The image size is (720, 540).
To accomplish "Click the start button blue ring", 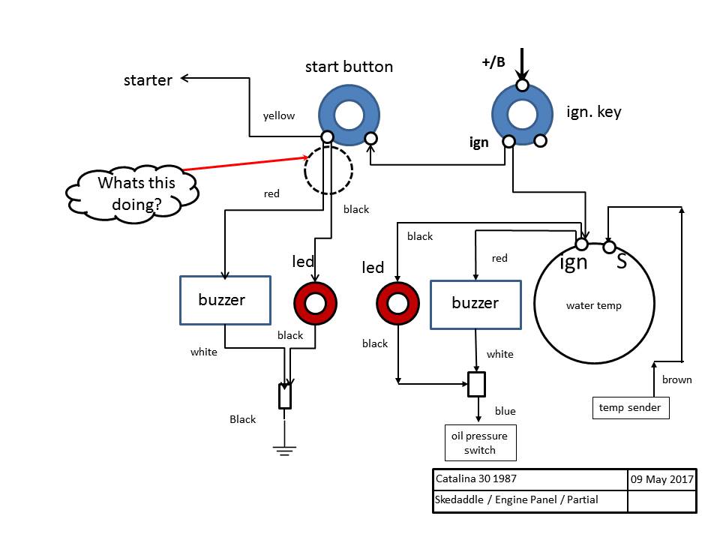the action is [x=328, y=115].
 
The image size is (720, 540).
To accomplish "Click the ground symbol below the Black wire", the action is [x=285, y=451].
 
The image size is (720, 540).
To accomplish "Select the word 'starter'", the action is [x=148, y=80].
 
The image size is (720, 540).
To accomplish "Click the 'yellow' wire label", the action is [x=279, y=115].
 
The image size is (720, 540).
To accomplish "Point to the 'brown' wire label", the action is [x=676, y=379].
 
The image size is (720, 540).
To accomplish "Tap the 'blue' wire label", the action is [x=505, y=411].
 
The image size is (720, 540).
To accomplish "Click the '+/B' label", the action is [x=493, y=62].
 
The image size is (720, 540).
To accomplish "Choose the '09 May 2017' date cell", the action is [x=661, y=479].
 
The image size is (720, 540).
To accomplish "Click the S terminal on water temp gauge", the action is [x=609, y=247].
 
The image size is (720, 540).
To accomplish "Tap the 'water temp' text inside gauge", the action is [x=594, y=305].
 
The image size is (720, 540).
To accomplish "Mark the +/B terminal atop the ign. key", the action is [x=522, y=85].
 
